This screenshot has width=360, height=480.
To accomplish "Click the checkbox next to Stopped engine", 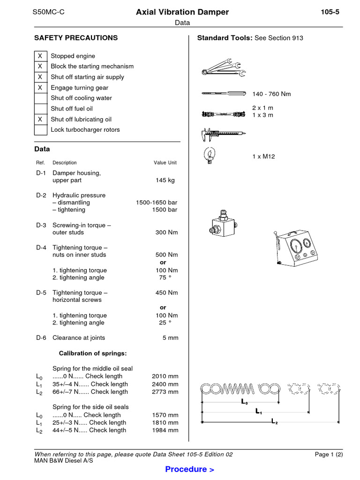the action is [40, 56].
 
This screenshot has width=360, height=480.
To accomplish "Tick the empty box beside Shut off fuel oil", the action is [40, 109].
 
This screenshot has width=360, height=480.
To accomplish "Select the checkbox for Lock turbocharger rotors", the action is [40, 130].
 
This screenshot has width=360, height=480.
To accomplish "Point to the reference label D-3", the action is [41, 225].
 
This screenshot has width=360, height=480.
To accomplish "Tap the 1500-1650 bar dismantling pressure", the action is [157, 202].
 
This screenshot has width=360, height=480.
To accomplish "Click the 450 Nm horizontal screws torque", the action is [166, 292].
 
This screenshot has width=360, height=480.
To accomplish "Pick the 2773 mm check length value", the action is [165, 391].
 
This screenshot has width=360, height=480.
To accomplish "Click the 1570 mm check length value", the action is [165, 415].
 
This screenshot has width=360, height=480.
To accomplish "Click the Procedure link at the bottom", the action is [190, 469].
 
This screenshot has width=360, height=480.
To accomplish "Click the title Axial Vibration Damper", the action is [182, 12].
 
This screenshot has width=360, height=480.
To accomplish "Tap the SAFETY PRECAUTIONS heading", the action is [76, 38].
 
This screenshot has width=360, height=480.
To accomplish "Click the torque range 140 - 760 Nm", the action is [271, 94].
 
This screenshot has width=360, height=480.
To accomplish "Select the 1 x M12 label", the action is [263, 157].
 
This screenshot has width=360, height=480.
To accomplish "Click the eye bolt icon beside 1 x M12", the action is [210, 155].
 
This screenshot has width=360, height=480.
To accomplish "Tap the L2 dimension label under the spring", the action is [275, 422].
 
